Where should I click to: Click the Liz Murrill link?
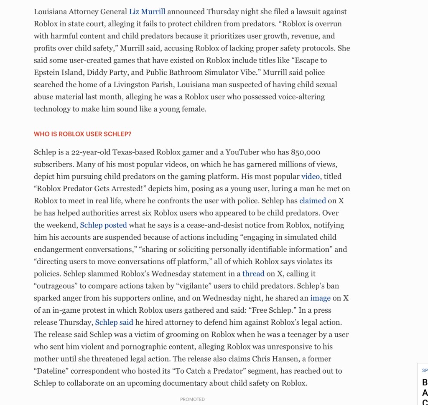(147, 12)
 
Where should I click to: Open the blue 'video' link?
(311, 177)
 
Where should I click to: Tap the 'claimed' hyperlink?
(312, 201)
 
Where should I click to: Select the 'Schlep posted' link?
(103, 225)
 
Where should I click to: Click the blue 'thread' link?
(253, 274)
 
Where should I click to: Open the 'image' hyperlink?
(320, 298)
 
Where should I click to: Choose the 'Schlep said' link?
(114, 322)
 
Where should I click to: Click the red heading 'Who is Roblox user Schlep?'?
(82, 134)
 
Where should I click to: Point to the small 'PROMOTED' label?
(192, 400)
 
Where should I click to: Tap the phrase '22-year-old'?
(90, 152)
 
